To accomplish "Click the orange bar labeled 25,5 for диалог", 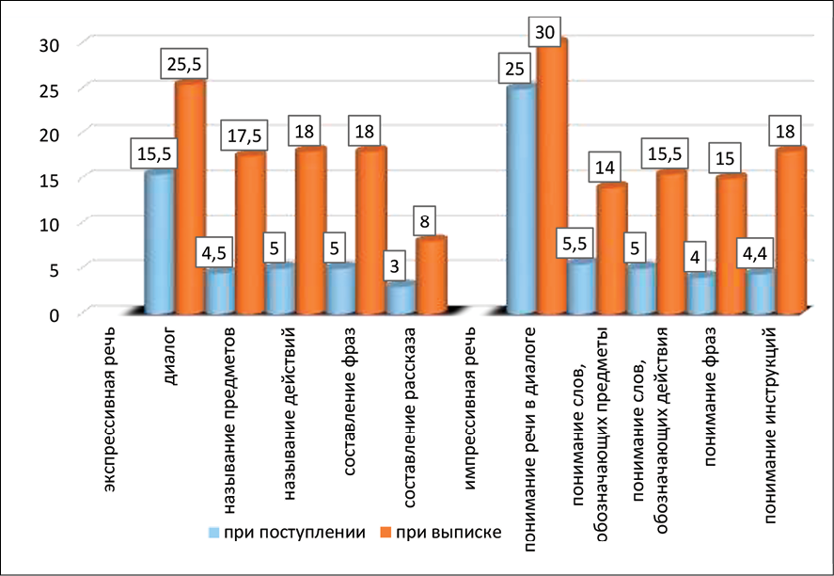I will [x=190, y=198].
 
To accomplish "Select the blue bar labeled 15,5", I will [x=159, y=242].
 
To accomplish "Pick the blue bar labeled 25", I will [x=521, y=199].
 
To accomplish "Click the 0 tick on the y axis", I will [x=55, y=312].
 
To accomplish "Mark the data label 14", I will [x=605, y=168].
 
